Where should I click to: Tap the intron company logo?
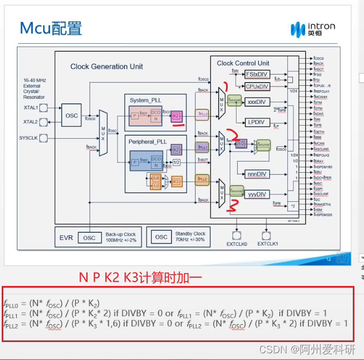pos(312,29)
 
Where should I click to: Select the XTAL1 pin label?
pos(30,107)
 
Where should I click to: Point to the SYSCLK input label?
pos(29,137)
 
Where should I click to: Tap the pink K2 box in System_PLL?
pos(177,116)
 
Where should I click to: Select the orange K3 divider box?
pos(176,181)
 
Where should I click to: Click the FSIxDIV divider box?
pos(257,74)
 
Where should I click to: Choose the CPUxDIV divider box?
pos(257,86)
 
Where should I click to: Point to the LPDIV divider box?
pos(257,122)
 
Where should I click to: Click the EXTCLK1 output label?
pos(268,243)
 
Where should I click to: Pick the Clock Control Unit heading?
pos(243,63)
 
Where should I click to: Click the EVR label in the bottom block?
pos(66,237)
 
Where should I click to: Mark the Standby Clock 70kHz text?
pos(191,237)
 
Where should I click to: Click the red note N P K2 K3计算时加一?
pos(140,276)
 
